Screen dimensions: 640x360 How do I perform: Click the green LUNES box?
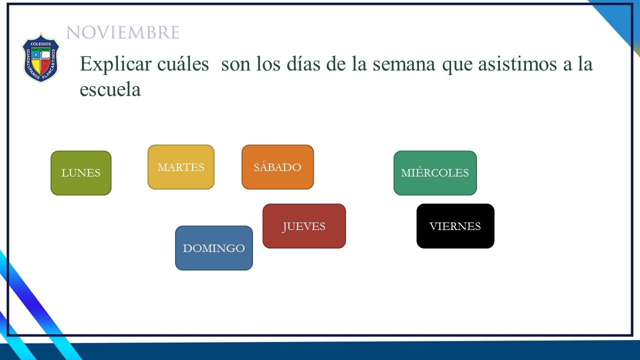81,173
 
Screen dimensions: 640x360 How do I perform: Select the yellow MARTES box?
181,167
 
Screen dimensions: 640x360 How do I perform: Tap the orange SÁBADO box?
277,167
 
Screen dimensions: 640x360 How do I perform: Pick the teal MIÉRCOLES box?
435,173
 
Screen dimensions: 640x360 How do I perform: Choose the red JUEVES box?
304,226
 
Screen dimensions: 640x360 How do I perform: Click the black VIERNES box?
455,226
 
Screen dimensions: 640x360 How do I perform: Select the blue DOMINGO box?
213,248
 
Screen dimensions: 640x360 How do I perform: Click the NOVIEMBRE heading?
123,32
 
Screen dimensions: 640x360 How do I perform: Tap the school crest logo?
41,57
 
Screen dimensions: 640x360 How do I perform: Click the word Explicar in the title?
115,64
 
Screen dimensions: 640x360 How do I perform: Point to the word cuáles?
183,63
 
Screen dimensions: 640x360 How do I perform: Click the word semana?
404,64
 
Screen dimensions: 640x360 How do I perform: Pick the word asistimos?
517,63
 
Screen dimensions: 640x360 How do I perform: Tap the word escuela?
110,89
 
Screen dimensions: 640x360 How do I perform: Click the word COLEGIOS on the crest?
41,44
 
